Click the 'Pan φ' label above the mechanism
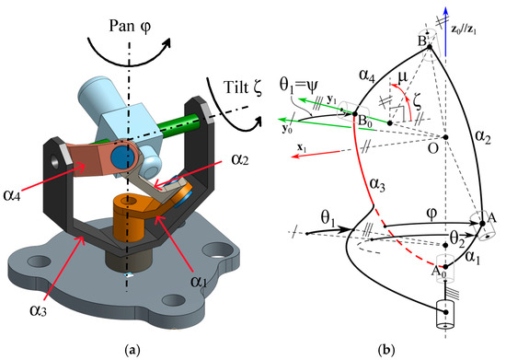130,17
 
